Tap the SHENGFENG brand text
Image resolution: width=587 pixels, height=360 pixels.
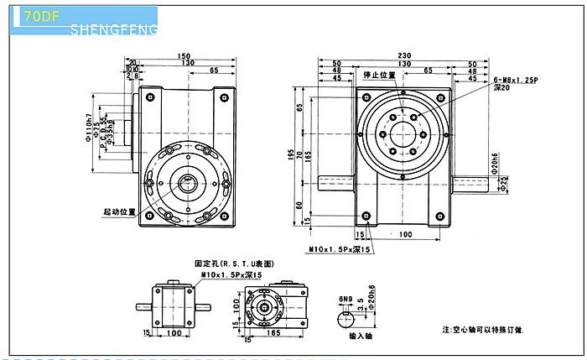click(115, 30)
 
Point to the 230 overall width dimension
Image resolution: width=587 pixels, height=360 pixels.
click(404, 56)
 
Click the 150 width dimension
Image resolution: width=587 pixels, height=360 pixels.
click(183, 56)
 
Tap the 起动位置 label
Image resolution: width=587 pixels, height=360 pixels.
click(120, 211)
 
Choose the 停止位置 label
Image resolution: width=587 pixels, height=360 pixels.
click(379, 75)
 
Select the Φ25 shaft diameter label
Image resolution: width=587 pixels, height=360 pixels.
click(504, 184)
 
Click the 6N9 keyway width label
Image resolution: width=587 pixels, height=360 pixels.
click(345, 299)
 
